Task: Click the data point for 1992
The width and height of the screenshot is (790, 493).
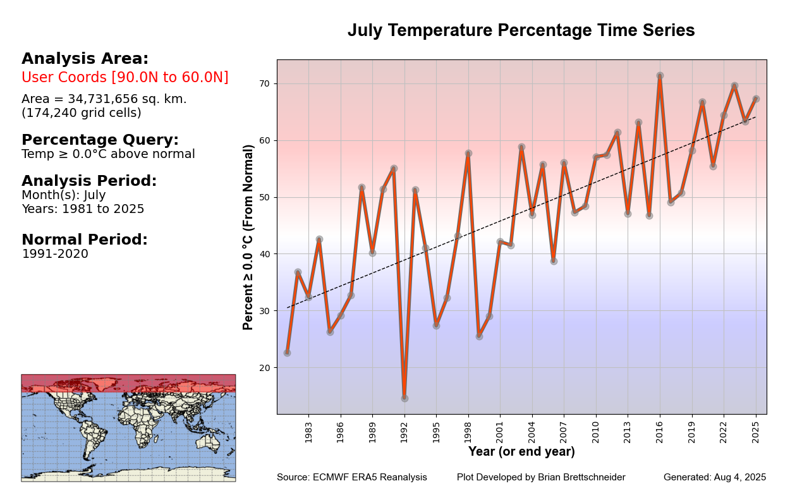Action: click(404, 398)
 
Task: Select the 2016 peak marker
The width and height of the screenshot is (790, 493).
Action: click(660, 76)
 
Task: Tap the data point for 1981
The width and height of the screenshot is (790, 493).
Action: click(288, 353)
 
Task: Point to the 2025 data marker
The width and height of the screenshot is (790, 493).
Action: click(756, 99)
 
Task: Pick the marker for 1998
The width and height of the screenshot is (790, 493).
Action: click(468, 154)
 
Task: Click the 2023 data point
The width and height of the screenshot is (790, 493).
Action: click(734, 86)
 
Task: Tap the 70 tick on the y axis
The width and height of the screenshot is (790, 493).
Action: click(264, 83)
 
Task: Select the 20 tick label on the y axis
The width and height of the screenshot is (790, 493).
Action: click(264, 368)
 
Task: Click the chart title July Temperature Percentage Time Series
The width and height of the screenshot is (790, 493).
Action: click(521, 30)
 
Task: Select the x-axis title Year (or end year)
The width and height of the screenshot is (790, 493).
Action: click(521, 452)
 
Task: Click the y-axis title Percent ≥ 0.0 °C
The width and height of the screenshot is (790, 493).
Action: click(248, 237)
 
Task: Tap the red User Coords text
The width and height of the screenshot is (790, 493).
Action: click(125, 78)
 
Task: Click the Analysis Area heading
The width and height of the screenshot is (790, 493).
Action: click(85, 59)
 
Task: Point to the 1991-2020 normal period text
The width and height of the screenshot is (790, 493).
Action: click(55, 254)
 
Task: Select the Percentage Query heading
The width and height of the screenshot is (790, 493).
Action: click(100, 140)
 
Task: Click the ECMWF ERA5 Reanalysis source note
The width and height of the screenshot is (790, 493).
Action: click(352, 477)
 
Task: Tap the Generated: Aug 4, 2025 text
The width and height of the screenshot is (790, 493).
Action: click(715, 477)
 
